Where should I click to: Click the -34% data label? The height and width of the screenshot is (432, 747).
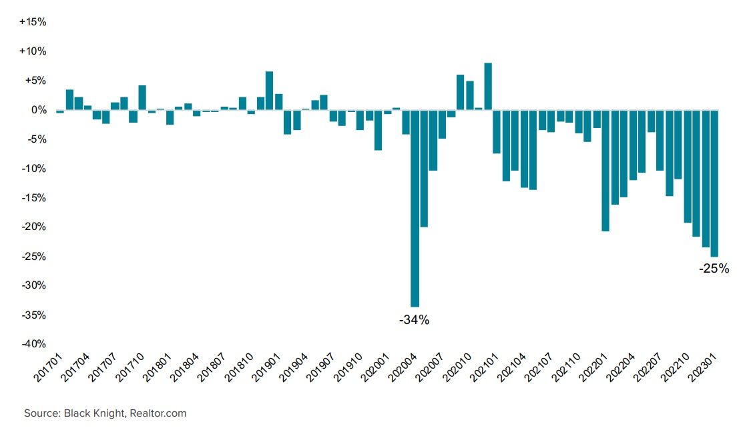(x=414, y=320)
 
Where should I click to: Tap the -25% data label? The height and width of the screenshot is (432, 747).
(x=714, y=270)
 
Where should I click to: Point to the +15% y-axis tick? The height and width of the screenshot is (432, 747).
(x=32, y=22)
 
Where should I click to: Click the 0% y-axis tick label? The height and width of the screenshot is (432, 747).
(x=37, y=110)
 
